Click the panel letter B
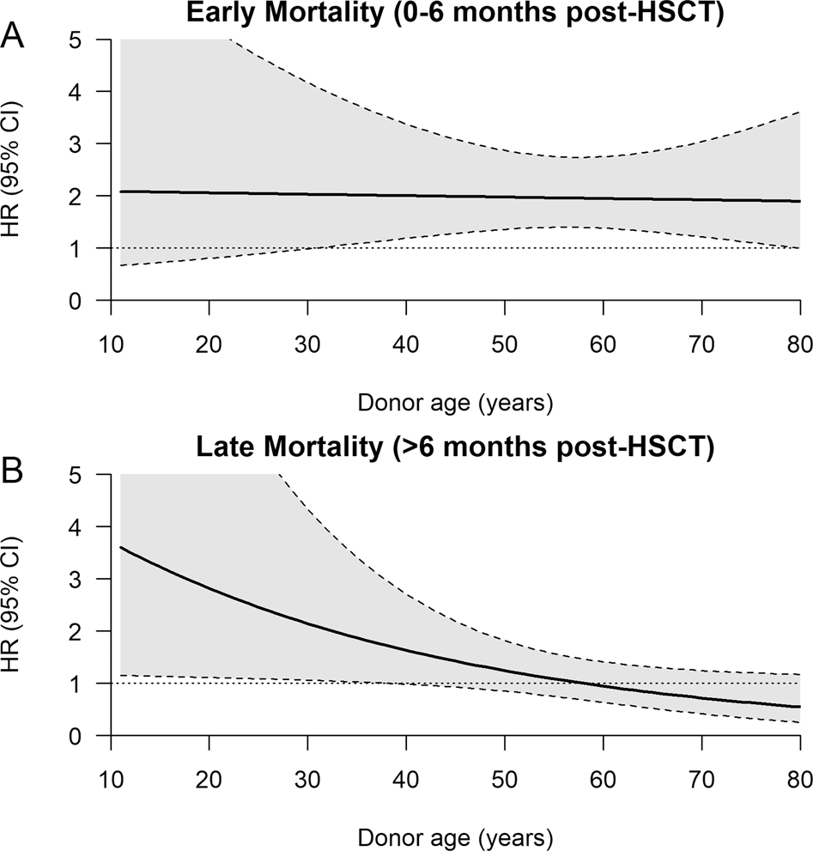tap(15, 472)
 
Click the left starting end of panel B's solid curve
tap(120, 547)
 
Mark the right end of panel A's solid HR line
tap(799, 201)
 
